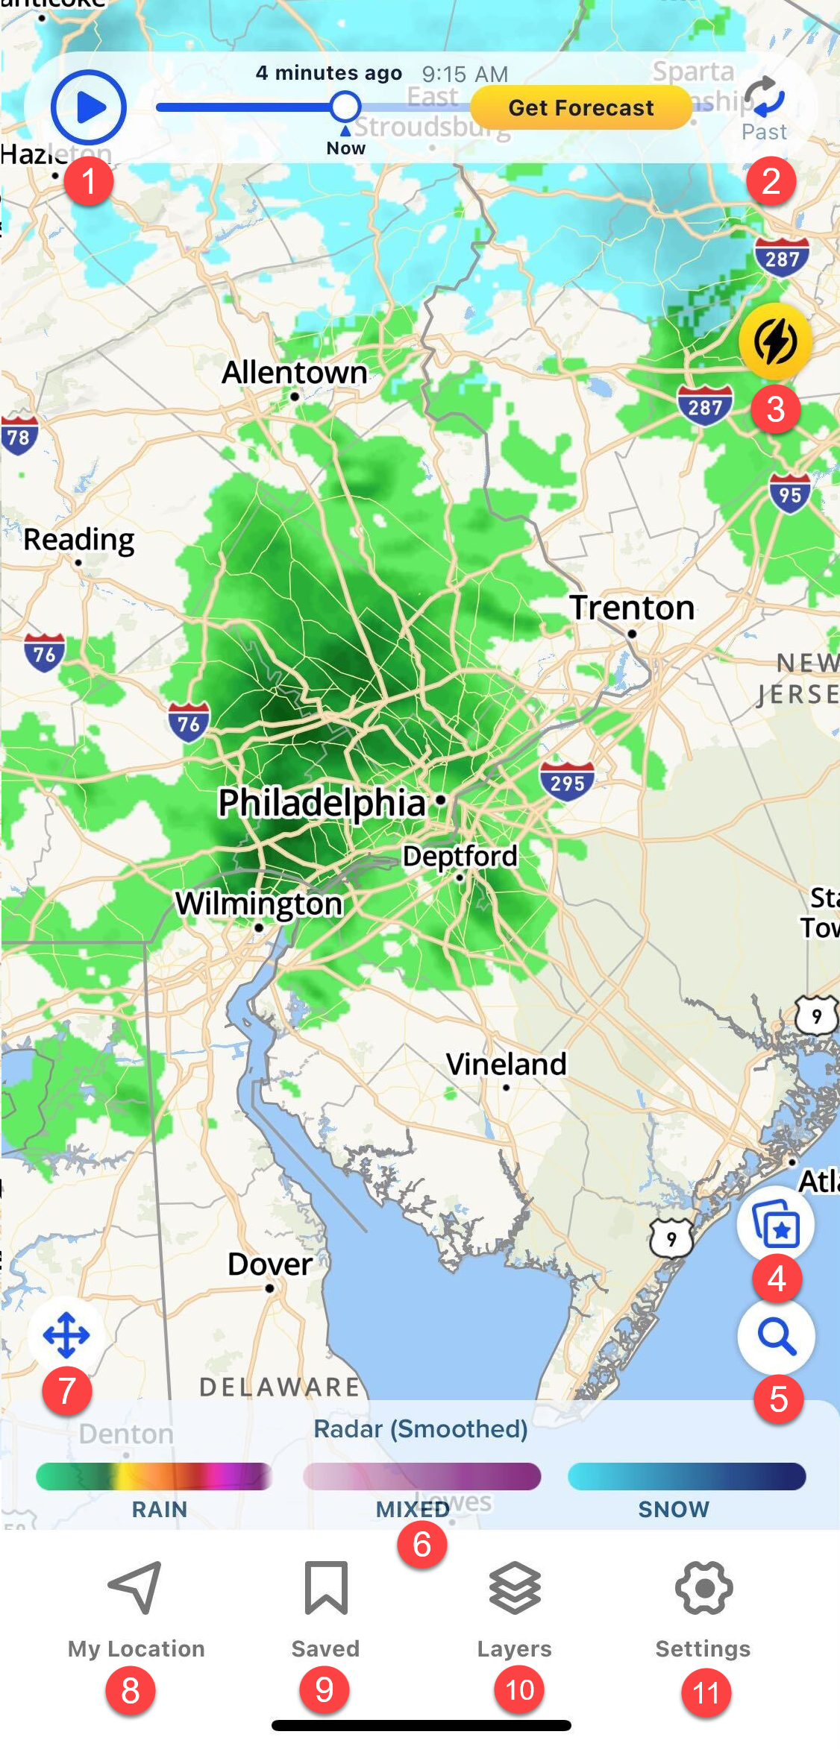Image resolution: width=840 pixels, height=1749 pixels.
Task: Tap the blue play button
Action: click(x=89, y=107)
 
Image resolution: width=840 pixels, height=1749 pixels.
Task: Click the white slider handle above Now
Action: click(x=345, y=107)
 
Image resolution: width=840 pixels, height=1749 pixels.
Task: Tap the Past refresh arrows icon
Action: click(x=765, y=98)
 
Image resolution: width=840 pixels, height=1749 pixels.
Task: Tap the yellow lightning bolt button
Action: click(x=775, y=342)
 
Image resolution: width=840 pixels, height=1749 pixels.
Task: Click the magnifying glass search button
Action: click(x=776, y=1336)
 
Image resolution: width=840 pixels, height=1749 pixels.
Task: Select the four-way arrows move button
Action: click(x=66, y=1334)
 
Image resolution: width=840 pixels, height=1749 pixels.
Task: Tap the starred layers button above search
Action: click(x=776, y=1225)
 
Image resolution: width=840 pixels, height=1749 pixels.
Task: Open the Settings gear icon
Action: click(x=703, y=1588)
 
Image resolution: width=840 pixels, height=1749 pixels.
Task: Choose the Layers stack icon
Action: click(x=515, y=1588)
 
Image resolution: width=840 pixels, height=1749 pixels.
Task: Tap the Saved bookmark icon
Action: click(x=326, y=1588)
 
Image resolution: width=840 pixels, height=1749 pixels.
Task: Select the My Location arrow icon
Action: click(x=136, y=1588)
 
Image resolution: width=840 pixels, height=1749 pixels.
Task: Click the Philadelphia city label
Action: click(x=322, y=803)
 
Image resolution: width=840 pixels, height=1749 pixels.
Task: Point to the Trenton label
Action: click(x=632, y=608)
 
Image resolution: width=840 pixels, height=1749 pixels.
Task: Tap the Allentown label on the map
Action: click(x=295, y=372)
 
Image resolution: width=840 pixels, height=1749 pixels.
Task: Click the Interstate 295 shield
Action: click(x=567, y=781)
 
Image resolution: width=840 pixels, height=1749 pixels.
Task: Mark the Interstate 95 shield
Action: click(x=790, y=494)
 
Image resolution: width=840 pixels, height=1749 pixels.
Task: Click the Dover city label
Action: click(x=269, y=1264)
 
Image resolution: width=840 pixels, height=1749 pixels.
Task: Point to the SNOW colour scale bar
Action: click(x=686, y=1476)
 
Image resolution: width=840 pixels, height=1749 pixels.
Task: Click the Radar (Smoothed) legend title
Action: click(x=420, y=1429)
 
